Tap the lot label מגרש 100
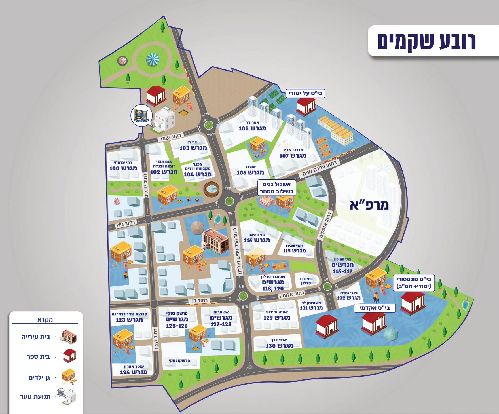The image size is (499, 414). click(x=123, y=168)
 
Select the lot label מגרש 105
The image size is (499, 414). click(x=252, y=128)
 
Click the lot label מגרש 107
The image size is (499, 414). click(x=293, y=155)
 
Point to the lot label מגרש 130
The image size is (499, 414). click(x=279, y=346)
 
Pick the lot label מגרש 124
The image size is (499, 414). click(x=134, y=372)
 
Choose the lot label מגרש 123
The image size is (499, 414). click(x=129, y=320)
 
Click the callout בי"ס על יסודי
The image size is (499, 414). click(x=305, y=93)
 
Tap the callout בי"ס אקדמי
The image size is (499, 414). click(x=375, y=308)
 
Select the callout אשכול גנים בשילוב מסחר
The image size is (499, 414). click(x=276, y=188)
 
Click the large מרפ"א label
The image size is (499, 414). click(x=369, y=205)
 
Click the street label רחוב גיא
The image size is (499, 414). click(x=126, y=224)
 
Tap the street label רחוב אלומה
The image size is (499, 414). click(x=291, y=295)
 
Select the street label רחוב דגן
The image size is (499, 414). click(x=198, y=300)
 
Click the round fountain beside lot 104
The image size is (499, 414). click(x=212, y=189)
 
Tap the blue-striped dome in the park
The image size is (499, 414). click(x=153, y=60)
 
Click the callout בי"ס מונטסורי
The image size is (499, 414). click(x=414, y=282)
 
